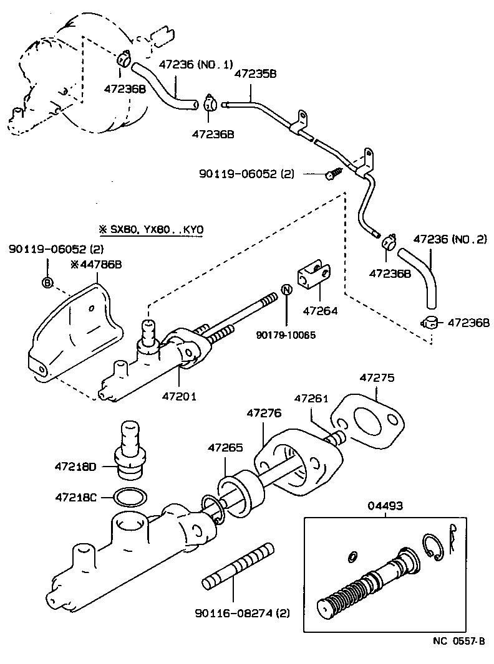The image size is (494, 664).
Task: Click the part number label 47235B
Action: click(255, 74)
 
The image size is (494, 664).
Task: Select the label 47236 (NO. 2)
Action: click(450, 239)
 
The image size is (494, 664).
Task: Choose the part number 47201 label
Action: click(180, 396)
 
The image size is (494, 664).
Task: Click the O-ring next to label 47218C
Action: click(130, 497)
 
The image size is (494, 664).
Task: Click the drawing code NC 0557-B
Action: click(459, 640)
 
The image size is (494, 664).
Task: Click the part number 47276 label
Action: click(264, 413)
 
